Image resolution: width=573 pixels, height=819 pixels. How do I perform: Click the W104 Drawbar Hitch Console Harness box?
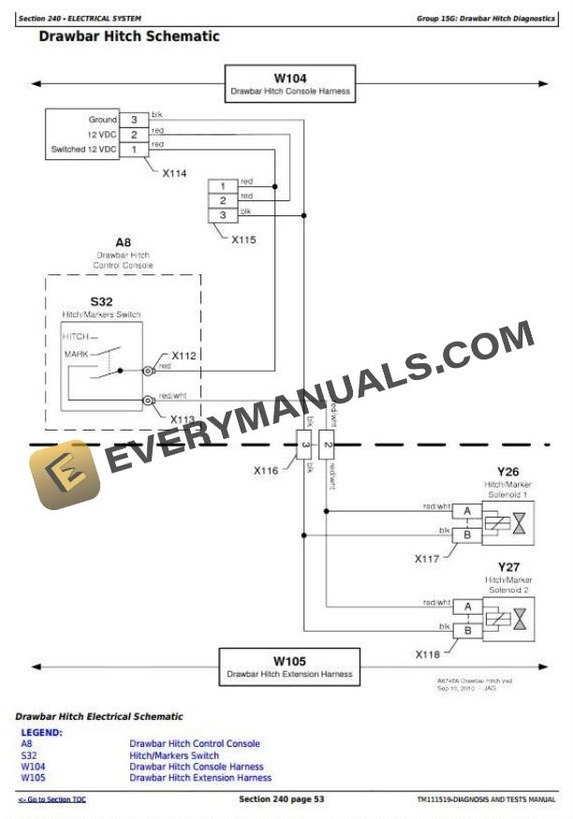click(289, 83)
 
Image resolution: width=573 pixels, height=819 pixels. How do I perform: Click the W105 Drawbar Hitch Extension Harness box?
click(289, 666)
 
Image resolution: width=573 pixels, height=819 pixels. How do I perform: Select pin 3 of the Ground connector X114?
click(133, 120)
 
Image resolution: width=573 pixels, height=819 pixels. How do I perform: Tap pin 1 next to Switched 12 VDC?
click(133, 149)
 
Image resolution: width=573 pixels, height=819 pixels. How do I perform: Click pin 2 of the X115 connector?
click(223, 200)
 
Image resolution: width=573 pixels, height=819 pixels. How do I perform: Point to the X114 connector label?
click(173, 173)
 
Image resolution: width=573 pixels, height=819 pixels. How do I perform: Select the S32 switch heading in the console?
click(101, 302)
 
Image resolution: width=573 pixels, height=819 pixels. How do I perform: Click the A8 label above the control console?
click(123, 242)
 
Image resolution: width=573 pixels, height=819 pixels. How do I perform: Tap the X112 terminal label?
click(184, 356)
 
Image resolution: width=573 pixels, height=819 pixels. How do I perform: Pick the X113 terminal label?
click(184, 419)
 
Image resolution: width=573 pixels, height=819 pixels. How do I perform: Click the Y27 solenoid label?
click(507, 567)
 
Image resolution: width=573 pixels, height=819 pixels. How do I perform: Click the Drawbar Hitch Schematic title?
click(129, 37)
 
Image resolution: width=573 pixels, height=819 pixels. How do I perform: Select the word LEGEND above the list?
click(41, 732)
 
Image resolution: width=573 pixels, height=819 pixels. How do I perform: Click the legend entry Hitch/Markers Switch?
click(174, 755)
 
